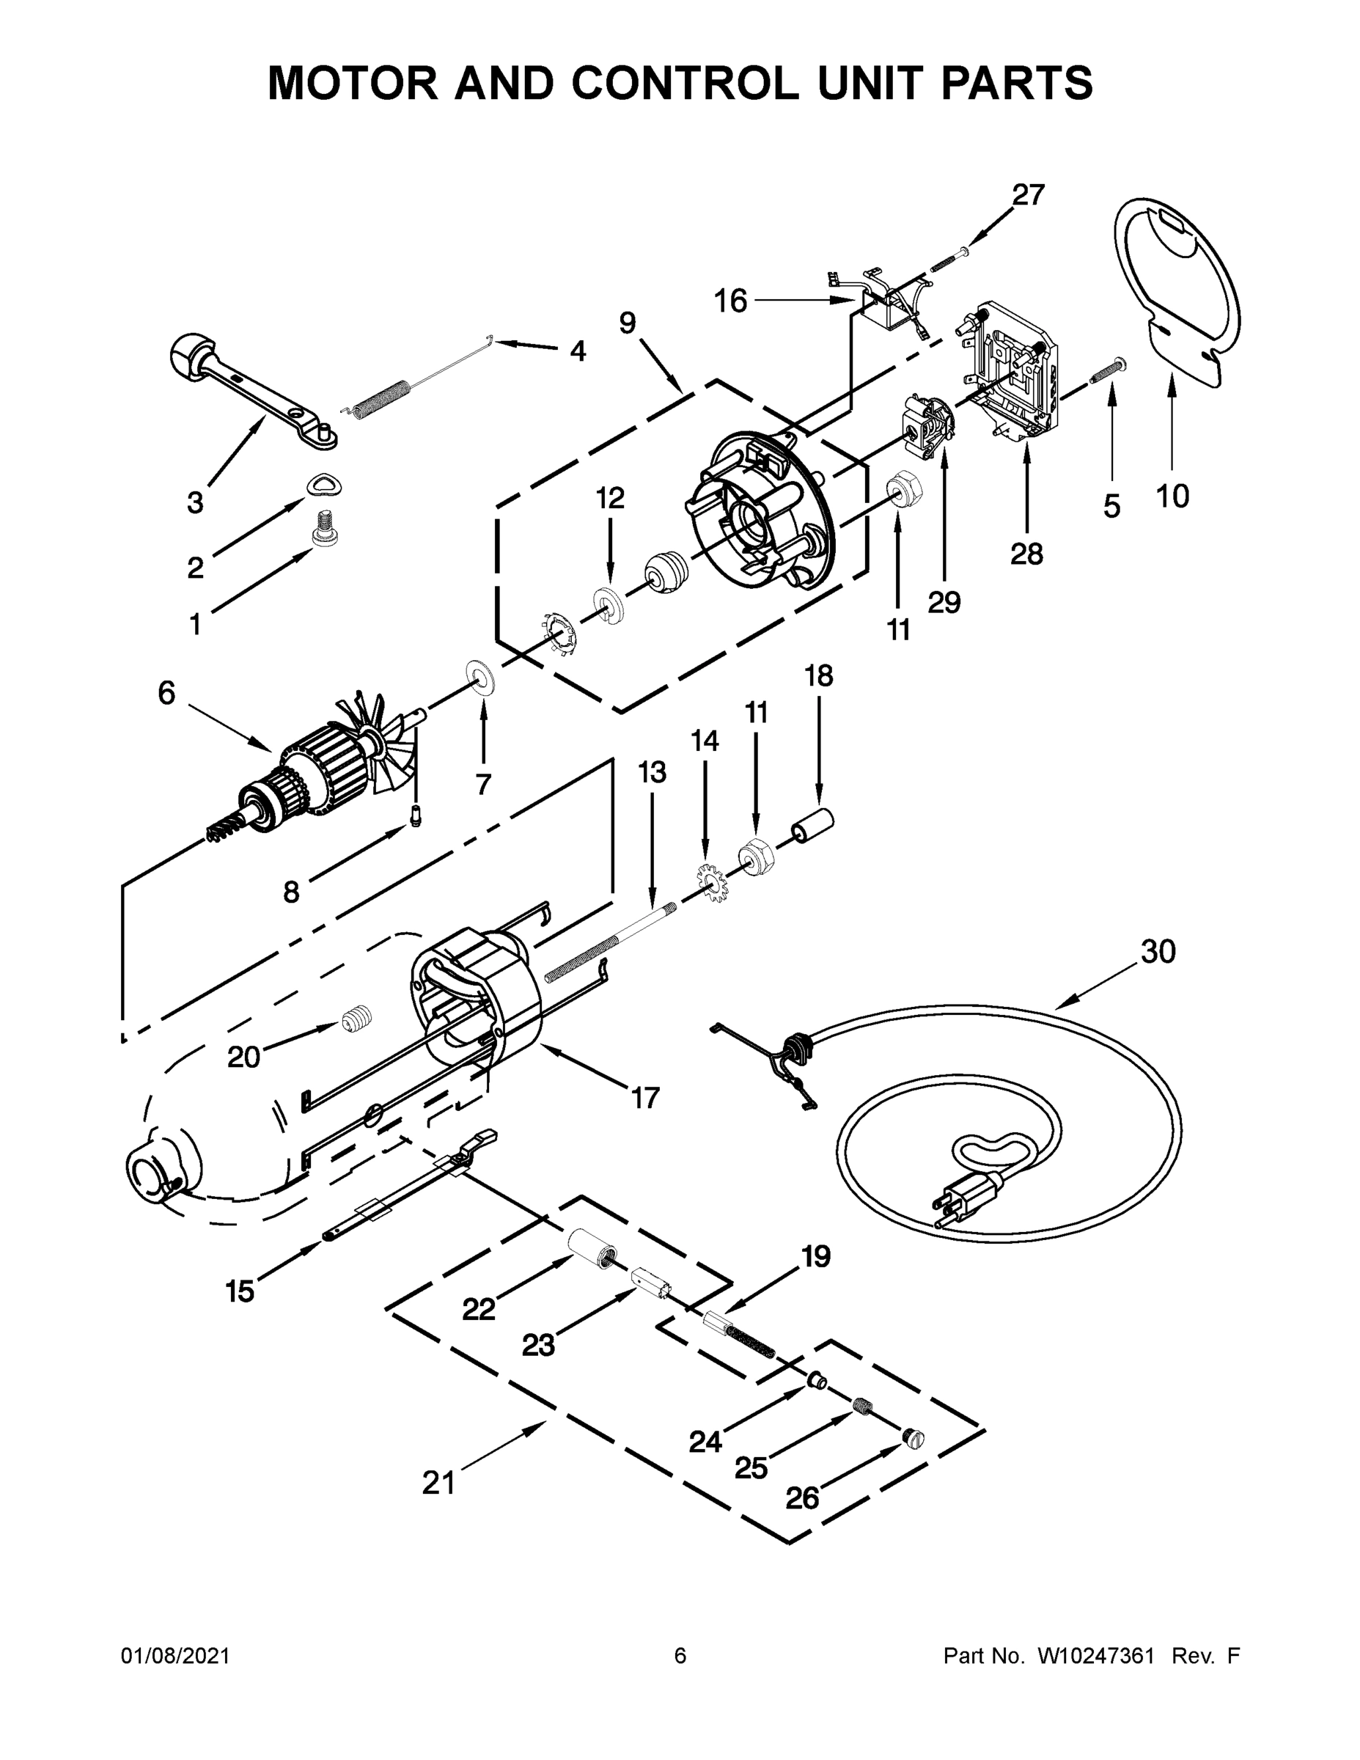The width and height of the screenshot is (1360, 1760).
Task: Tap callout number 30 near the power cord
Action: pos(1158,952)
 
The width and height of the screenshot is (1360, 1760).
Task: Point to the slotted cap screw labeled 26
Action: pos(914,1437)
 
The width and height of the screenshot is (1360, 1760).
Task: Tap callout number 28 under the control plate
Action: pos(1026,554)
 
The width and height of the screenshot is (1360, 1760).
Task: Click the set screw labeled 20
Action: pos(356,1020)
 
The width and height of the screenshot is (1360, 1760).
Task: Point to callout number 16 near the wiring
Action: pos(731,301)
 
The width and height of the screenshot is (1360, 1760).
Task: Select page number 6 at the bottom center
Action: pos(680,1655)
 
